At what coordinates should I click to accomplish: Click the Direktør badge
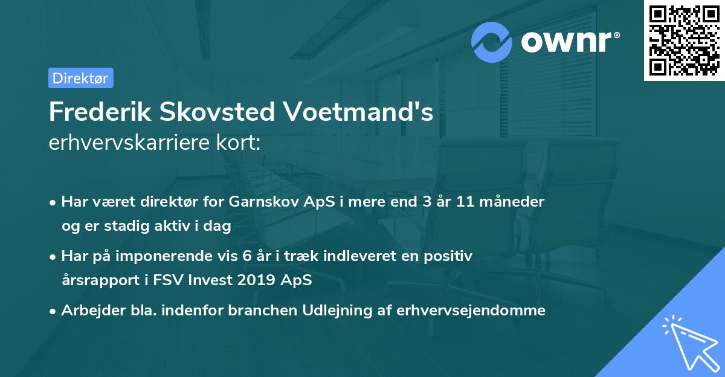click(80, 78)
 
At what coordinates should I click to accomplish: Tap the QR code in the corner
click(684, 40)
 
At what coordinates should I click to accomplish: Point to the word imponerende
click(178, 256)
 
